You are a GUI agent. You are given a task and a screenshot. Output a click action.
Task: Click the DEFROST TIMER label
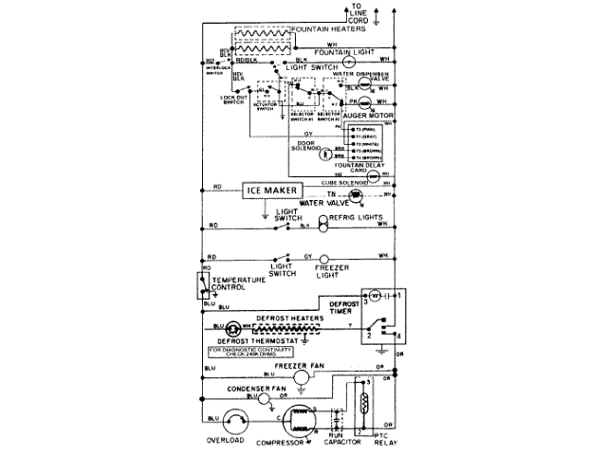344,306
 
